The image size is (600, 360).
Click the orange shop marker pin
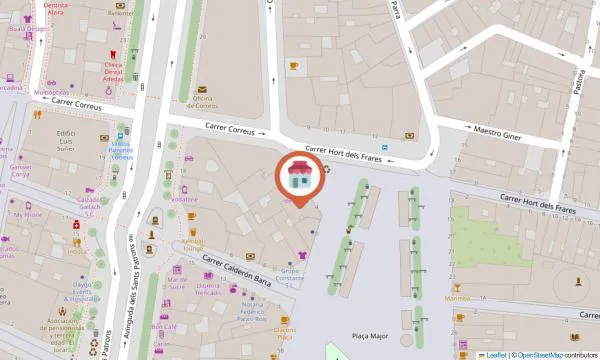299,178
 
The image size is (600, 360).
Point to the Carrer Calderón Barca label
239,266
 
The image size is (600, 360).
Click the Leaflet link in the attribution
495,354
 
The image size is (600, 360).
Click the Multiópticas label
52,92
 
